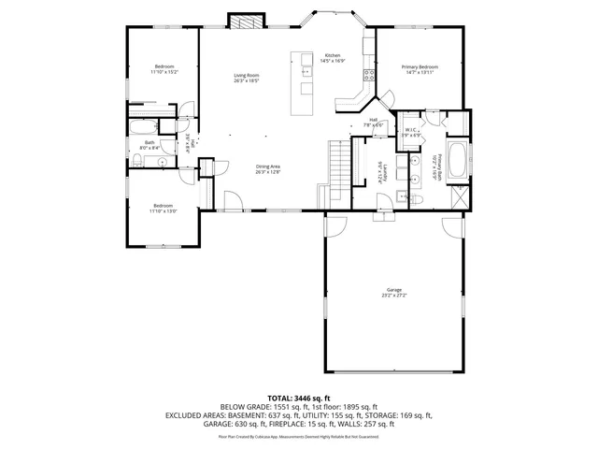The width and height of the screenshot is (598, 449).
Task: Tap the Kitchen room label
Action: [x=333, y=56]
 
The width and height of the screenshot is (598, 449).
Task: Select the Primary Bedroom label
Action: [x=420, y=67]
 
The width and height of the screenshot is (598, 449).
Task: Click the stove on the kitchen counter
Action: [x=369, y=74]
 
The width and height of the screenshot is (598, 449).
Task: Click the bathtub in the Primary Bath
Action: [x=458, y=162]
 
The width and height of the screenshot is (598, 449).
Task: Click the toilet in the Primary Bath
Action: [x=418, y=200]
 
